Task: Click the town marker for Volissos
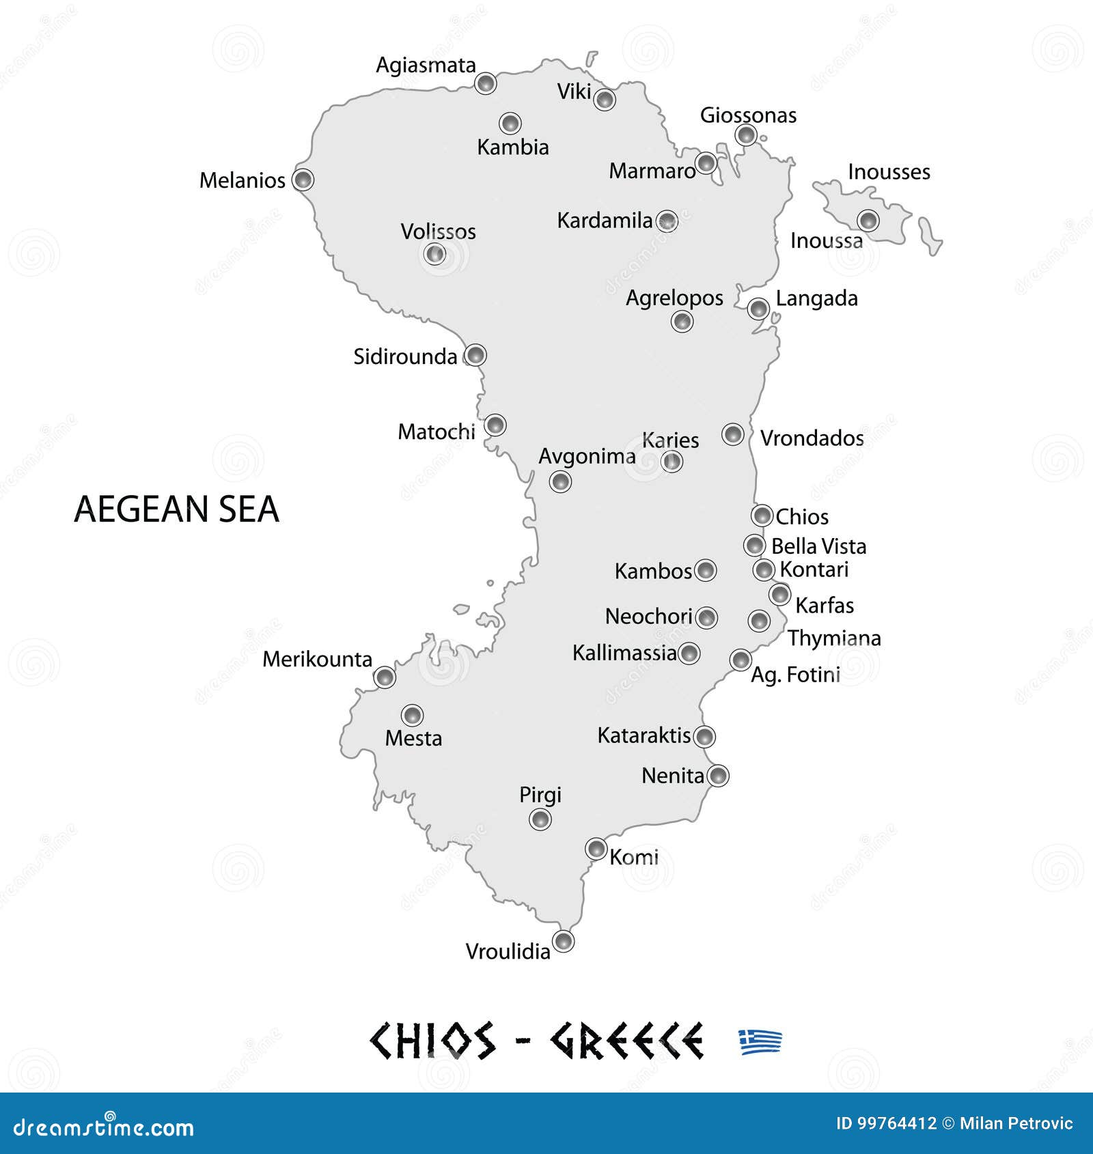[434, 254]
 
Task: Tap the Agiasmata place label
[426, 66]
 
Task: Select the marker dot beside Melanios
[303, 180]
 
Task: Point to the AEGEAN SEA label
[176, 509]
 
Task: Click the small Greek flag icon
[760, 1042]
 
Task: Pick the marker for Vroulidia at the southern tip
[564, 942]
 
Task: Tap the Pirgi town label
[540, 795]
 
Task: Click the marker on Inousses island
[868, 221]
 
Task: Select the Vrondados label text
[812, 438]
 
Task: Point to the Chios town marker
[762, 516]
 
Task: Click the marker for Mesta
[412, 716]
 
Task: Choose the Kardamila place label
[605, 221]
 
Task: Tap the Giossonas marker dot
[746, 135]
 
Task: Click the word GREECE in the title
[626, 1041]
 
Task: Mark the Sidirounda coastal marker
[475, 355]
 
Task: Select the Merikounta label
[317, 660]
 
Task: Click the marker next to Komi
[596, 849]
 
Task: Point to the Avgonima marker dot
[560, 482]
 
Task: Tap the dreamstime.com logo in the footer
[104, 1127]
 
